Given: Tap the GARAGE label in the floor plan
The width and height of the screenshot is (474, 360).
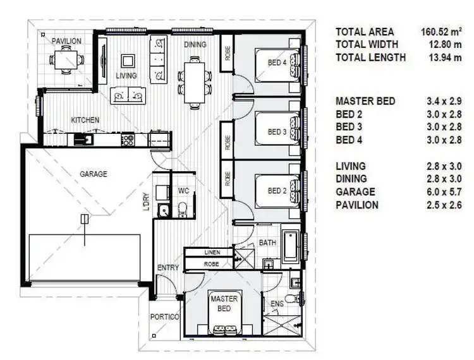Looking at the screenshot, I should (93, 174).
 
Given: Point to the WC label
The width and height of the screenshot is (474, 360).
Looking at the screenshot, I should (183, 190).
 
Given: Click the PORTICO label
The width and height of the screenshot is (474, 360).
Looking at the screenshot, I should (166, 316).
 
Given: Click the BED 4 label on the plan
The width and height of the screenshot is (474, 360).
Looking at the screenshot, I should (277, 63).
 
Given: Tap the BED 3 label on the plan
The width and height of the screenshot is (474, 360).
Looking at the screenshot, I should (277, 132).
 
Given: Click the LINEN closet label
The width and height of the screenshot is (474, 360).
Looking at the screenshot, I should (212, 253).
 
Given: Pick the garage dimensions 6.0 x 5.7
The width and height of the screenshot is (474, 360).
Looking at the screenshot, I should (445, 191).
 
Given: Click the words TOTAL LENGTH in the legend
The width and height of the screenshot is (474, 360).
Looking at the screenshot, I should (370, 57).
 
